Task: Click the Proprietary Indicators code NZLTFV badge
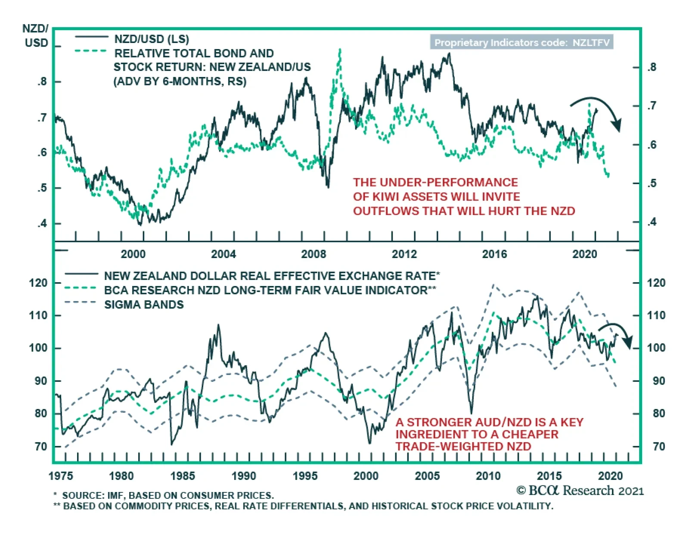521,43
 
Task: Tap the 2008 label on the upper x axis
313,254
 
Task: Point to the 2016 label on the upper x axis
494,254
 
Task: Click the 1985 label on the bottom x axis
183,476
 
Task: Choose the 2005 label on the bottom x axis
427,476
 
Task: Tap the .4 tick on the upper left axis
42,224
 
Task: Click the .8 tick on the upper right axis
652,68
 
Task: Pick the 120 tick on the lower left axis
38,283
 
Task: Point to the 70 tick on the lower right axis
658,446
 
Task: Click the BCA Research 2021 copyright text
580,491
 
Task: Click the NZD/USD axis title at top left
36,36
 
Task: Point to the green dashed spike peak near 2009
340,51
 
